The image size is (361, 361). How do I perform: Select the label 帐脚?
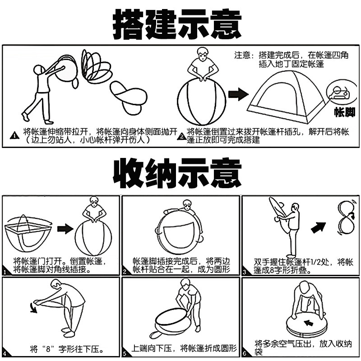click(x=344, y=112)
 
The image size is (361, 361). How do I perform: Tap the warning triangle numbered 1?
click(x=15, y=134)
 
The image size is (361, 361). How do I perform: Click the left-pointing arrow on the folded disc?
click(x=310, y=323)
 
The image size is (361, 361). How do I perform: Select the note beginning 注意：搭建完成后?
click(x=292, y=60)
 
